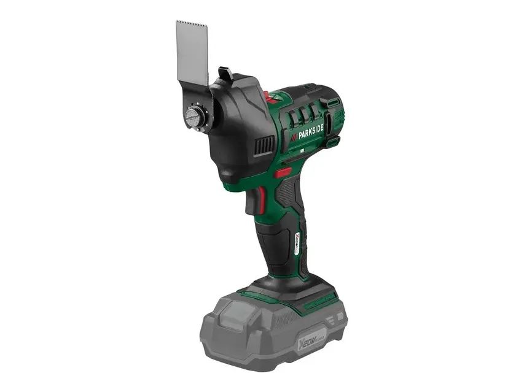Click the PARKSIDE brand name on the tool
(x=307, y=129)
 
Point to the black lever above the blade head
(x=225, y=74)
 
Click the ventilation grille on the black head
(x=265, y=145)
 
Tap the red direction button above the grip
(x=283, y=172)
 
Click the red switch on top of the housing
(x=268, y=96)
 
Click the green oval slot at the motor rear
(x=333, y=102)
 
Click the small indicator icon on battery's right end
(x=339, y=319)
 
